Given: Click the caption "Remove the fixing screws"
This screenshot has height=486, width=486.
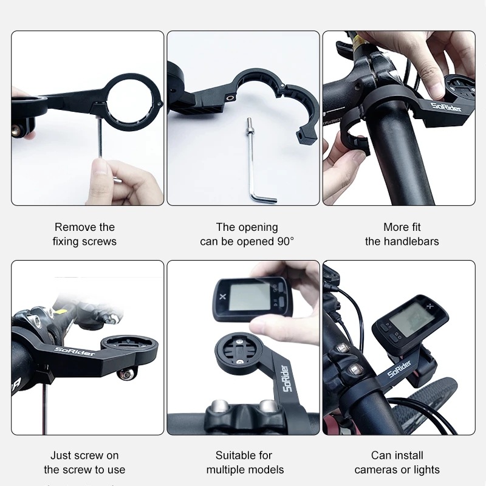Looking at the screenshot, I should point(84,234).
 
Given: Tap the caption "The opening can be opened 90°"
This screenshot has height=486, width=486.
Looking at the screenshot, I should point(247,234).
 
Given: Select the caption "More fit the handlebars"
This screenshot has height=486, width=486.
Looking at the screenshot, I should point(402,234).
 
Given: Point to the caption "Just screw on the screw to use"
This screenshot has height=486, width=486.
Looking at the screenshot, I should point(84,462).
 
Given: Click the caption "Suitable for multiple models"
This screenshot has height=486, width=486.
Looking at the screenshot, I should point(245,462).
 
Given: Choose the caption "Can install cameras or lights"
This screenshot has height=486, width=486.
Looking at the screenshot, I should point(397,462).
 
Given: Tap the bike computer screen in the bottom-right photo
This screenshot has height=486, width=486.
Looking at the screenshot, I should point(409,318).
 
